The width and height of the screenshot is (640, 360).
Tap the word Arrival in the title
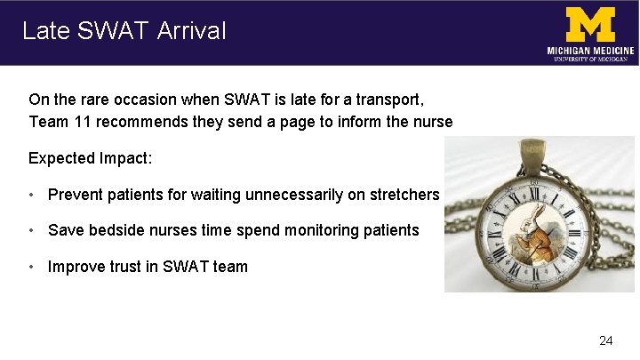click(192, 31)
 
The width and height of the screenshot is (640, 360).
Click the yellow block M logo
click(590, 24)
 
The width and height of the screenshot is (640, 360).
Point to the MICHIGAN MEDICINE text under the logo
click(590, 52)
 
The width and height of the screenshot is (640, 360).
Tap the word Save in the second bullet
click(66, 230)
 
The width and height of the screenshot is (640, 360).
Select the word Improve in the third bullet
click(76, 266)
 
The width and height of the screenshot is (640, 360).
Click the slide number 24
click(606, 340)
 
